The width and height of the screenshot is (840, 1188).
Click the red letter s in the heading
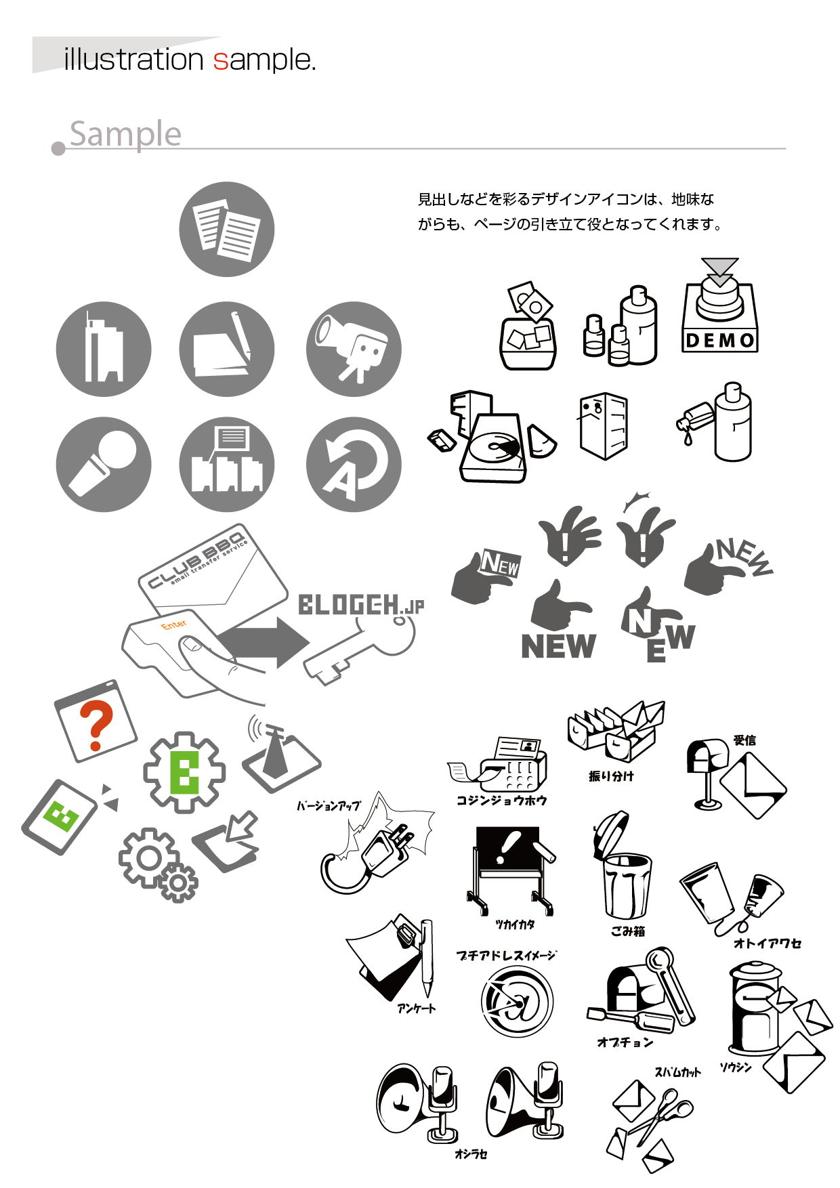(220, 61)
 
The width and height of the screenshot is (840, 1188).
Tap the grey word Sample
(125, 134)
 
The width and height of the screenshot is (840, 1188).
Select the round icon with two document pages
(227, 229)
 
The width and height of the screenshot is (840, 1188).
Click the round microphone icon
(104, 464)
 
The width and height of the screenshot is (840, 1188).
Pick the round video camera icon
(354, 349)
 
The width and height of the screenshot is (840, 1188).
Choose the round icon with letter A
(354, 464)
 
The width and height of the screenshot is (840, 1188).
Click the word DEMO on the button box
(720, 340)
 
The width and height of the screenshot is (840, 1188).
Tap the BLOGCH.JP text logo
(361, 605)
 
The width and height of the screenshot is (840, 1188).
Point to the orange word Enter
(174, 624)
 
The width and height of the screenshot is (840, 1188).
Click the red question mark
(96, 725)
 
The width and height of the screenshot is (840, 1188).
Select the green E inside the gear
(184, 772)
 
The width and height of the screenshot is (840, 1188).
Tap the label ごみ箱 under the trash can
(628, 931)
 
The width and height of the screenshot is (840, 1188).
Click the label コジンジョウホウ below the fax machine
(501, 800)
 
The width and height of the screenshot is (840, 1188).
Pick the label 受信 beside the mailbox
(744, 740)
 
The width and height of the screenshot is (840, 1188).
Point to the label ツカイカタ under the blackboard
(515, 925)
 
